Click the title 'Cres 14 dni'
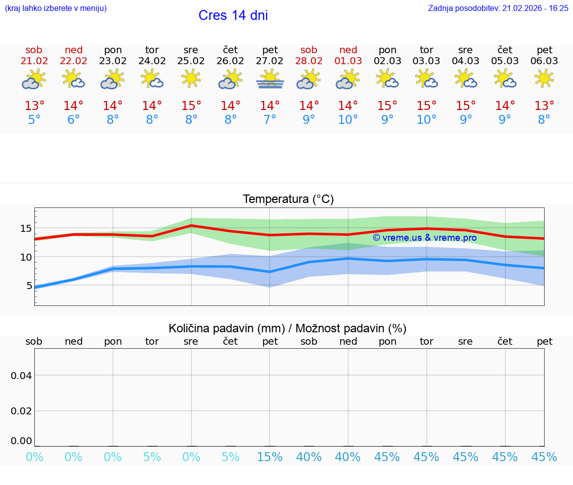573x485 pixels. (233, 15)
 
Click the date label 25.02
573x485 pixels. (191, 61)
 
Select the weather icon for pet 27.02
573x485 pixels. (270, 79)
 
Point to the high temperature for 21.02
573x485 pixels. (34, 106)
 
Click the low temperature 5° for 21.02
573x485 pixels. (34, 120)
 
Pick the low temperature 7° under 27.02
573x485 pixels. (270, 120)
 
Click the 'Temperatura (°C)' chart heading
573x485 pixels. (288, 199)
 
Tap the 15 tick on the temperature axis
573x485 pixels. (25, 228)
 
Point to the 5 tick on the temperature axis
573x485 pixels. (28, 286)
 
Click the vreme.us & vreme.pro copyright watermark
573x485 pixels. (424, 238)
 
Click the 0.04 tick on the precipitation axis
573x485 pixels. (21, 375)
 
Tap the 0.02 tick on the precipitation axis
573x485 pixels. (21, 410)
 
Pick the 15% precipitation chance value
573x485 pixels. (270, 457)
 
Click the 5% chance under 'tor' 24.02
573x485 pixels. (152, 457)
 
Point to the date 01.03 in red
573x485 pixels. (348, 61)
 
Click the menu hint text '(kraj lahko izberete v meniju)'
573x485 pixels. (55, 8)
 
